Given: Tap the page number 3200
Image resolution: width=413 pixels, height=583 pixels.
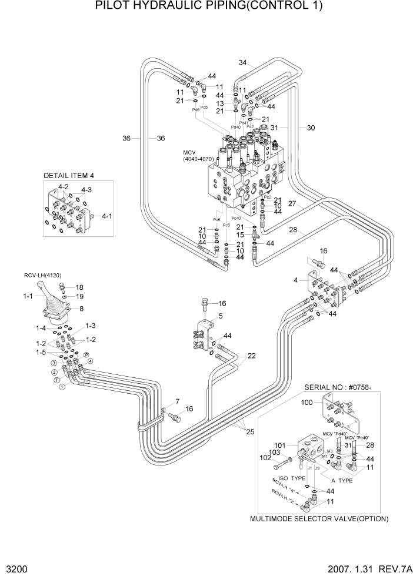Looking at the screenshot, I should [x=18, y=570].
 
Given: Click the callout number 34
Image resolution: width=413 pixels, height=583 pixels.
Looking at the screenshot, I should [x=243, y=63].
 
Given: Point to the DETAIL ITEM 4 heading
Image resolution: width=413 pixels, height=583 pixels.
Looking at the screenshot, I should [x=69, y=176].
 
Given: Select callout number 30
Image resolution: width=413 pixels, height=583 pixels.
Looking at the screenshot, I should [x=311, y=128].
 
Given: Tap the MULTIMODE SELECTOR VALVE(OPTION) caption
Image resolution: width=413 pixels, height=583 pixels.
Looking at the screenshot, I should [x=320, y=519].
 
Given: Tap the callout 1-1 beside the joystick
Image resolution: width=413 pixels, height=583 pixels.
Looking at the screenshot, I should [x=28, y=297].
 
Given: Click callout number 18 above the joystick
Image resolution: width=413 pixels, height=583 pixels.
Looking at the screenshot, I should [x=80, y=287].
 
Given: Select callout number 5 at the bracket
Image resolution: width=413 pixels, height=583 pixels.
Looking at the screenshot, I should [x=221, y=316].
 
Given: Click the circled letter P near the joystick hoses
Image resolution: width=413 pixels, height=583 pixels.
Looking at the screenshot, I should [x=86, y=355].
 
